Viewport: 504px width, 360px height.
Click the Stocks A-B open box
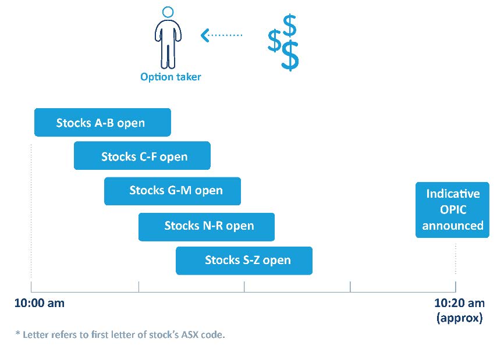pos(102,122)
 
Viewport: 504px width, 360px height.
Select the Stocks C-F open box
pos(142,156)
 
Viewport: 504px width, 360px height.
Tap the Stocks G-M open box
pos(172,191)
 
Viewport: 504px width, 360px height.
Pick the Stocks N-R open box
pos(206,226)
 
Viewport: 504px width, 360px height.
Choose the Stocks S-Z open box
pos(244,261)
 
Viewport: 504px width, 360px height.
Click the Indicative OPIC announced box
pos(452,209)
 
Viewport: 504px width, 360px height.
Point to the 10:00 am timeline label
pos(40,303)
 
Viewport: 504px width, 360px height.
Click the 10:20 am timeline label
pos(459,303)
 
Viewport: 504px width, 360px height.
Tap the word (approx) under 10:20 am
pos(459,318)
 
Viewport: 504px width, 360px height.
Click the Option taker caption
pos(171,77)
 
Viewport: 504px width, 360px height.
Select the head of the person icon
pos(168,12)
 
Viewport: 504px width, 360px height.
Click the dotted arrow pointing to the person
pos(221,35)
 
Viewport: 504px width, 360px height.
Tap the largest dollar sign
pos(290,56)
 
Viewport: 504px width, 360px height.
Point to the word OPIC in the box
pos(452,209)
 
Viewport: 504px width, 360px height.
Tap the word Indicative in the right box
pos(453,194)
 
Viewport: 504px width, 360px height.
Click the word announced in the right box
pos(453,226)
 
